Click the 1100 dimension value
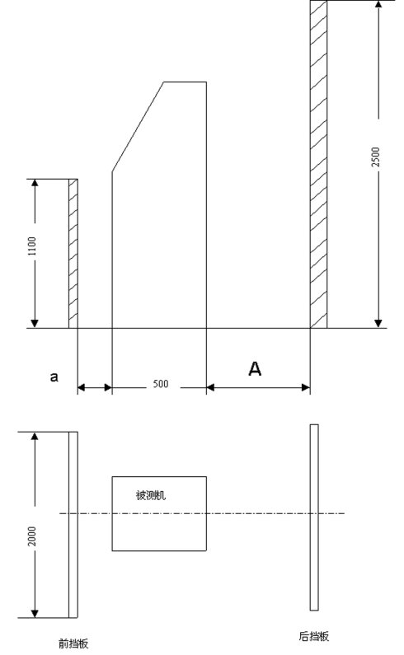(33, 246)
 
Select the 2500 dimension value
(376, 157)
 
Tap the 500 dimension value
(161, 383)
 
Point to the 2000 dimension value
(32, 536)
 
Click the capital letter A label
(255, 369)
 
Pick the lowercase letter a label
(54, 377)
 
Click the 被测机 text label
(151, 495)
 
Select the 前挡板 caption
(73, 643)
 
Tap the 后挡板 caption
(313, 636)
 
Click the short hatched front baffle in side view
(73, 254)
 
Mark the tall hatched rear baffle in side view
(319, 164)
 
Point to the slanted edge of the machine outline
(138, 127)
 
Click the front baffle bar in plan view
(73, 525)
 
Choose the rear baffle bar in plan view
(314, 517)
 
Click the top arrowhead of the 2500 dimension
(378, 5)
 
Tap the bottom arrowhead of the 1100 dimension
(35, 323)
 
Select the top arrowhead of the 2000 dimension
(35, 437)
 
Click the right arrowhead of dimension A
(305, 388)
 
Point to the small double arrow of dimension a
(95, 388)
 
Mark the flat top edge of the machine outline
(185, 82)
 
